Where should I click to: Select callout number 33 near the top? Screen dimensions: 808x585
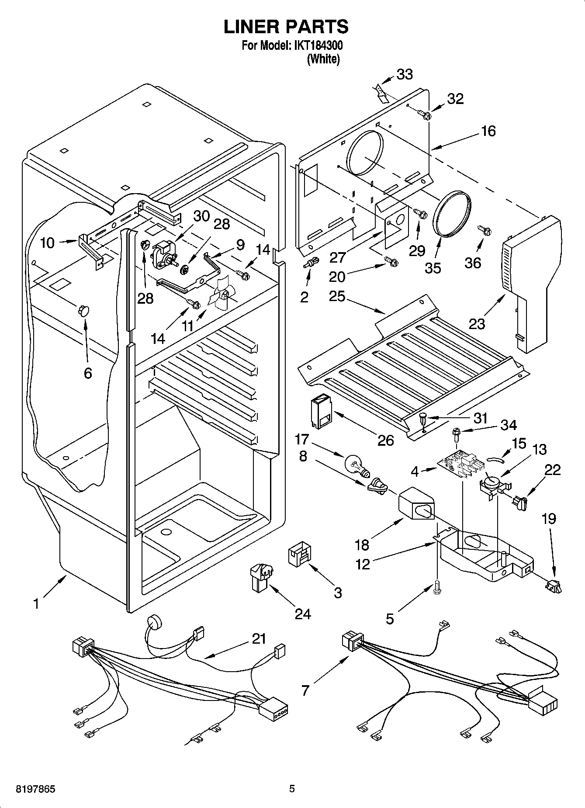(x=405, y=75)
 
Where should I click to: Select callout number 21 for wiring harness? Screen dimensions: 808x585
(x=259, y=639)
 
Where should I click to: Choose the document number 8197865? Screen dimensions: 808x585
(x=30, y=789)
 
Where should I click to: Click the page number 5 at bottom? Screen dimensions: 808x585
(x=292, y=789)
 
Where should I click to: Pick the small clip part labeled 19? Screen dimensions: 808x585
(x=554, y=586)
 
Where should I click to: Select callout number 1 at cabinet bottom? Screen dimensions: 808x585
(x=36, y=603)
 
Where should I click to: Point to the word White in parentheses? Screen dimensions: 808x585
(x=323, y=59)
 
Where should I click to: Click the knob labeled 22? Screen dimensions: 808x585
(x=520, y=503)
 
